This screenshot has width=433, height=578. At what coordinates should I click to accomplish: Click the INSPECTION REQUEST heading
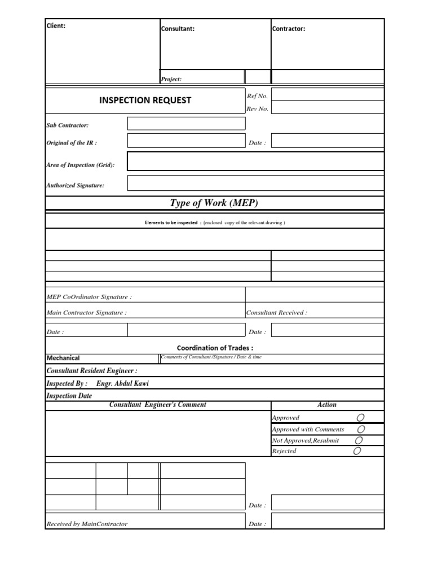click(x=145, y=100)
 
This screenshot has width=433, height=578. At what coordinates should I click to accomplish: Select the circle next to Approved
click(x=360, y=418)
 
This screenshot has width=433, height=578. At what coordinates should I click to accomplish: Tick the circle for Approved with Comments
click(x=360, y=429)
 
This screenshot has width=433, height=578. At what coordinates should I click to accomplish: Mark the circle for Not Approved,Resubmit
click(x=359, y=440)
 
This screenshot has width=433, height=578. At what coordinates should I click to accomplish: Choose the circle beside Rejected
click(x=357, y=451)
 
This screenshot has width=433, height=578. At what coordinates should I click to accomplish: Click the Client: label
click(x=56, y=25)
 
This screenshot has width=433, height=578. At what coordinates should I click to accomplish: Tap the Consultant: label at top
click(x=178, y=29)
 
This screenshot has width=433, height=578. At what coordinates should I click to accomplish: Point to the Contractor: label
click(x=289, y=29)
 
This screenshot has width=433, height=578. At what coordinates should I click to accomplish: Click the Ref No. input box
click(x=328, y=95)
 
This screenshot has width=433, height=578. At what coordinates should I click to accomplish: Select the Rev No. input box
click(x=328, y=108)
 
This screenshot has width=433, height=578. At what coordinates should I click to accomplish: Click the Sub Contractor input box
click(x=186, y=124)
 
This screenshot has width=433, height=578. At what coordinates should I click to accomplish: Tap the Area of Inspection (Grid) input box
click(x=255, y=161)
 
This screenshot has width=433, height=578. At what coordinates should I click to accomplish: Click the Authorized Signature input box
click(x=255, y=183)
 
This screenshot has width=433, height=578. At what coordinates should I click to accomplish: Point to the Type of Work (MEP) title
click(x=214, y=203)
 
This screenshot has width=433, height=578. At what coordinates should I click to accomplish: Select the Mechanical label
click(x=63, y=358)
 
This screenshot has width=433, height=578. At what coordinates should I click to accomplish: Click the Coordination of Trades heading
click(x=215, y=348)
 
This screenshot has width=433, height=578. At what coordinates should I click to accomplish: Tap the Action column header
click(x=327, y=405)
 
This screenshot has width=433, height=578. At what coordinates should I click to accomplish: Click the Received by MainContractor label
click(x=87, y=524)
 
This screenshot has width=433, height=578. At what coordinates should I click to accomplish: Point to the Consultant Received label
click(x=277, y=313)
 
